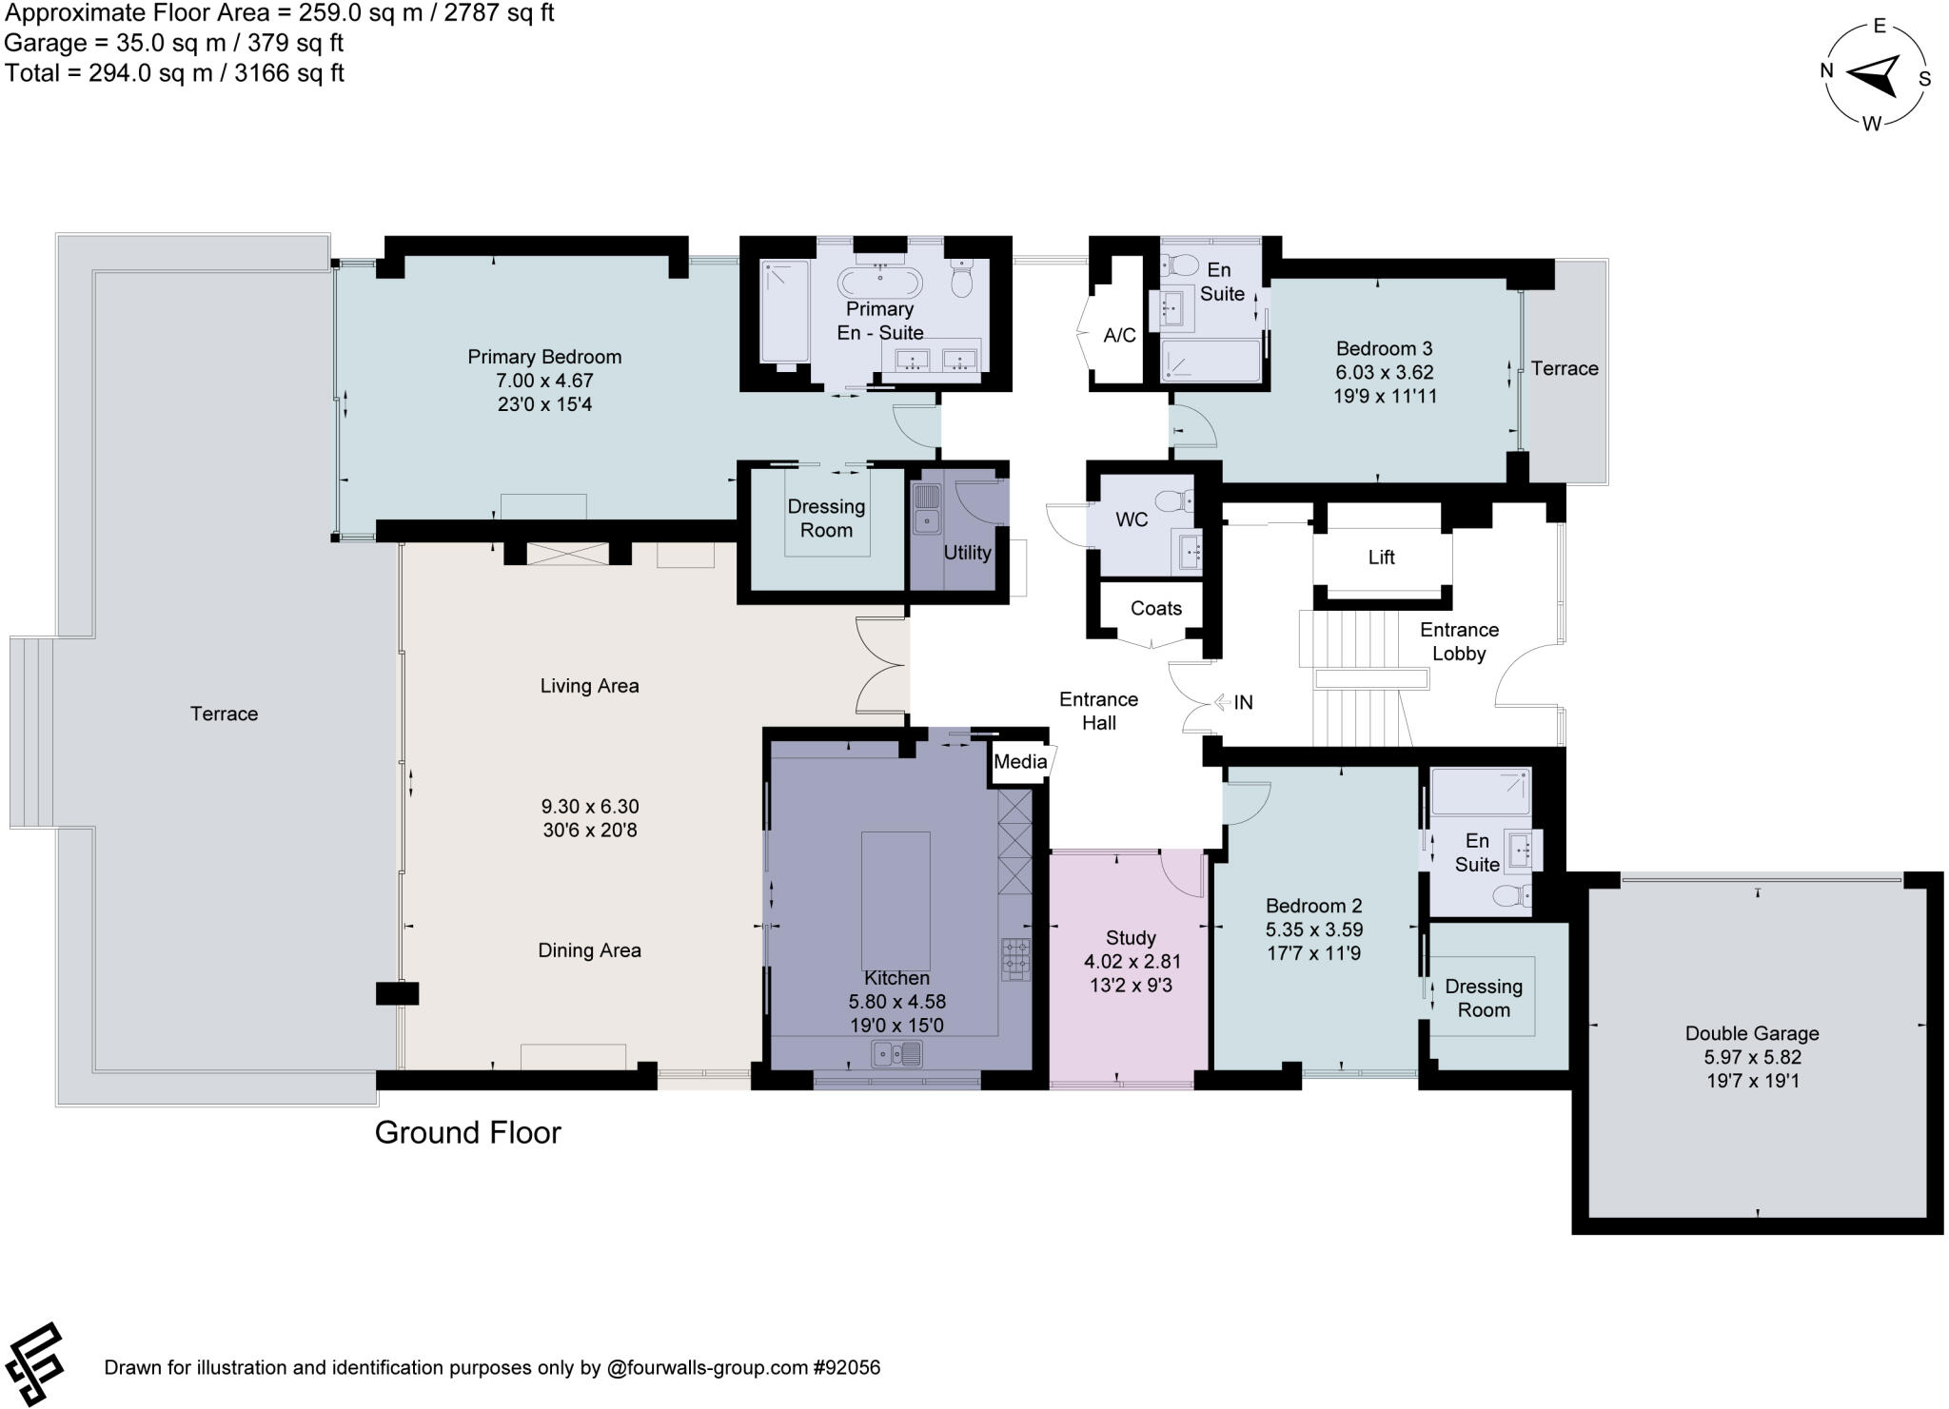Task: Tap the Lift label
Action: pyautogui.click(x=1381, y=558)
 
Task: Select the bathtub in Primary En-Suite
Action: pyautogui.click(x=879, y=282)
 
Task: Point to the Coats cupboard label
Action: pyautogui.click(x=1155, y=609)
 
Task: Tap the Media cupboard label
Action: pyautogui.click(x=1019, y=761)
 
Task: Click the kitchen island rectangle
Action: pyautogui.click(x=896, y=900)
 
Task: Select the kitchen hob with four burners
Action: pyautogui.click(x=1015, y=959)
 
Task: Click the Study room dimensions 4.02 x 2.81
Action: pyautogui.click(x=1132, y=962)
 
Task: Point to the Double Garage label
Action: pyautogui.click(x=1751, y=1033)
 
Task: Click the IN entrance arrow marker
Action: pyautogui.click(x=1233, y=703)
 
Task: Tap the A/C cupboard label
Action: pyautogui.click(x=1119, y=335)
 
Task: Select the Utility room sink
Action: pyautogui.click(x=925, y=509)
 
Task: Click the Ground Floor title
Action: pyautogui.click(x=467, y=1132)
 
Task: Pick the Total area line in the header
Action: pyautogui.click(x=174, y=73)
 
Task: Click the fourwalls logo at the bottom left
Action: pyautogui.click(x=35, y=1363)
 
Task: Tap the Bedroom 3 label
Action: pyautogui.click(x=1384, y=348)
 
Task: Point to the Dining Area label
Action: pyautogui.click(x=589, y=950)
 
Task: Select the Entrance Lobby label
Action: pyautogui.click(x=1458, y=641)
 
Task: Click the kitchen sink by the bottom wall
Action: pyautogui.click(x=896, y=1054)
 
